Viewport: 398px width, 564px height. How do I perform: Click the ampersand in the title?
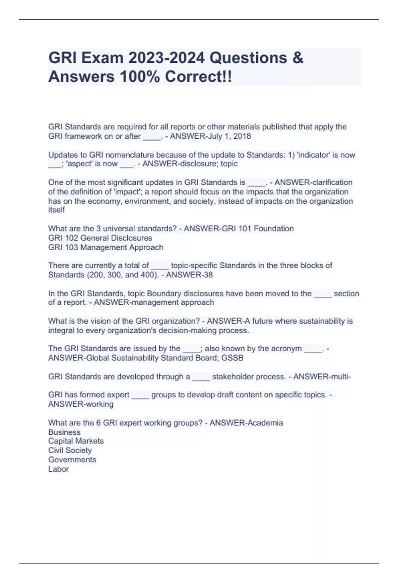pos(298,58)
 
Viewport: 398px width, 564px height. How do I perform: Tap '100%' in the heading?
pos(140,77)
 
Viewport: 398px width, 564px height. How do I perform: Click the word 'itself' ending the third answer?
pos(56,210)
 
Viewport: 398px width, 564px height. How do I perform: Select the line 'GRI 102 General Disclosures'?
pos(100,238)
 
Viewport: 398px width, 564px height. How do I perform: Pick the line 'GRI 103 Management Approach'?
pos(106,247)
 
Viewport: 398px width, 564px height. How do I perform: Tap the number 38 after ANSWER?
pos(208,275)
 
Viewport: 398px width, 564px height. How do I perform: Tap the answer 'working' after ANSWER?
pos(99,404)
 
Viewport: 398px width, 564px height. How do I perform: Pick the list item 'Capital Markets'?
pos(76,441)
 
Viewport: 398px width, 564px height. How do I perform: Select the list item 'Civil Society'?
pos(70,450)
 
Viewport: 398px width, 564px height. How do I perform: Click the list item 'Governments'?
pos(72,459)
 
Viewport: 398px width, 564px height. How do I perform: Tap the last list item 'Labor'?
pos(59,469)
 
